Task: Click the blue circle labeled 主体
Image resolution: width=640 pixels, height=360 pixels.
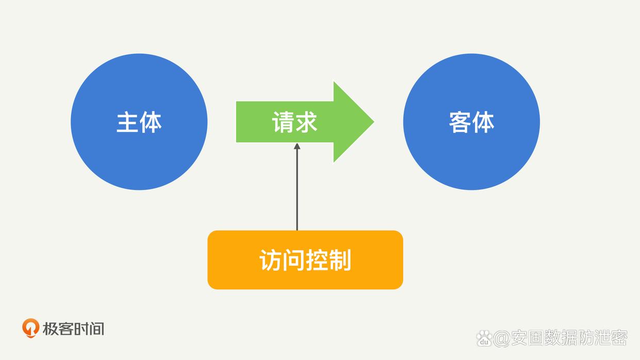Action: (x=139, y=122)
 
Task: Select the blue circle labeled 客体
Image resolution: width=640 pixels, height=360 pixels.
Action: (x=471, y=122)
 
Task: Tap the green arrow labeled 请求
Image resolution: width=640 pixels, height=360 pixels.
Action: (x=305, y=122)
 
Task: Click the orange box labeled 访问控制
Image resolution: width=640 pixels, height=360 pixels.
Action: (x=305, y=260)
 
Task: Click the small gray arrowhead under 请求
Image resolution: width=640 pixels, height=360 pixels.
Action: (x=297, y=146)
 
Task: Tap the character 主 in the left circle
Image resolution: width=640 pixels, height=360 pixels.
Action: (x=127, y=122)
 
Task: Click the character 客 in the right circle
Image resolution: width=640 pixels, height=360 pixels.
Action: (x=460, y=122)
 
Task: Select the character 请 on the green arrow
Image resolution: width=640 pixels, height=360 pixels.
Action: (x=283, y=122)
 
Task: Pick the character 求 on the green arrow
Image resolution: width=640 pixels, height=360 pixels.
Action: (x=306, y=122)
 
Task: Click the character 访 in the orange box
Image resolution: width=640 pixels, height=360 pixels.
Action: (x=271, y=260)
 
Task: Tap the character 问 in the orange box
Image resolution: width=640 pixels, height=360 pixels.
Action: (x=293, y=260)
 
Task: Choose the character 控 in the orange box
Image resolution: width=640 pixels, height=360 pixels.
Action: (x=316, y=260)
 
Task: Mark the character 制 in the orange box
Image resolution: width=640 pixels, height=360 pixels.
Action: (x=340, y=260)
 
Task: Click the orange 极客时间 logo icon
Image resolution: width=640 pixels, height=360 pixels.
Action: (x=30, y=328)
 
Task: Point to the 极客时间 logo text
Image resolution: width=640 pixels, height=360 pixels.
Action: (x=73, y=329)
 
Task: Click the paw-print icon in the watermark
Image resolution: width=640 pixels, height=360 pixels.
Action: (x=484, y=338)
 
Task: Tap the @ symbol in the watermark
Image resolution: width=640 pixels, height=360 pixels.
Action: (x=501, y=338)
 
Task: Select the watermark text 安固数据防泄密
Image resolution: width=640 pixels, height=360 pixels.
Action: (x=569, y=337)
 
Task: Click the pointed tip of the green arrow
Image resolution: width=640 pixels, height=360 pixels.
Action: (x=374, y=122)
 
